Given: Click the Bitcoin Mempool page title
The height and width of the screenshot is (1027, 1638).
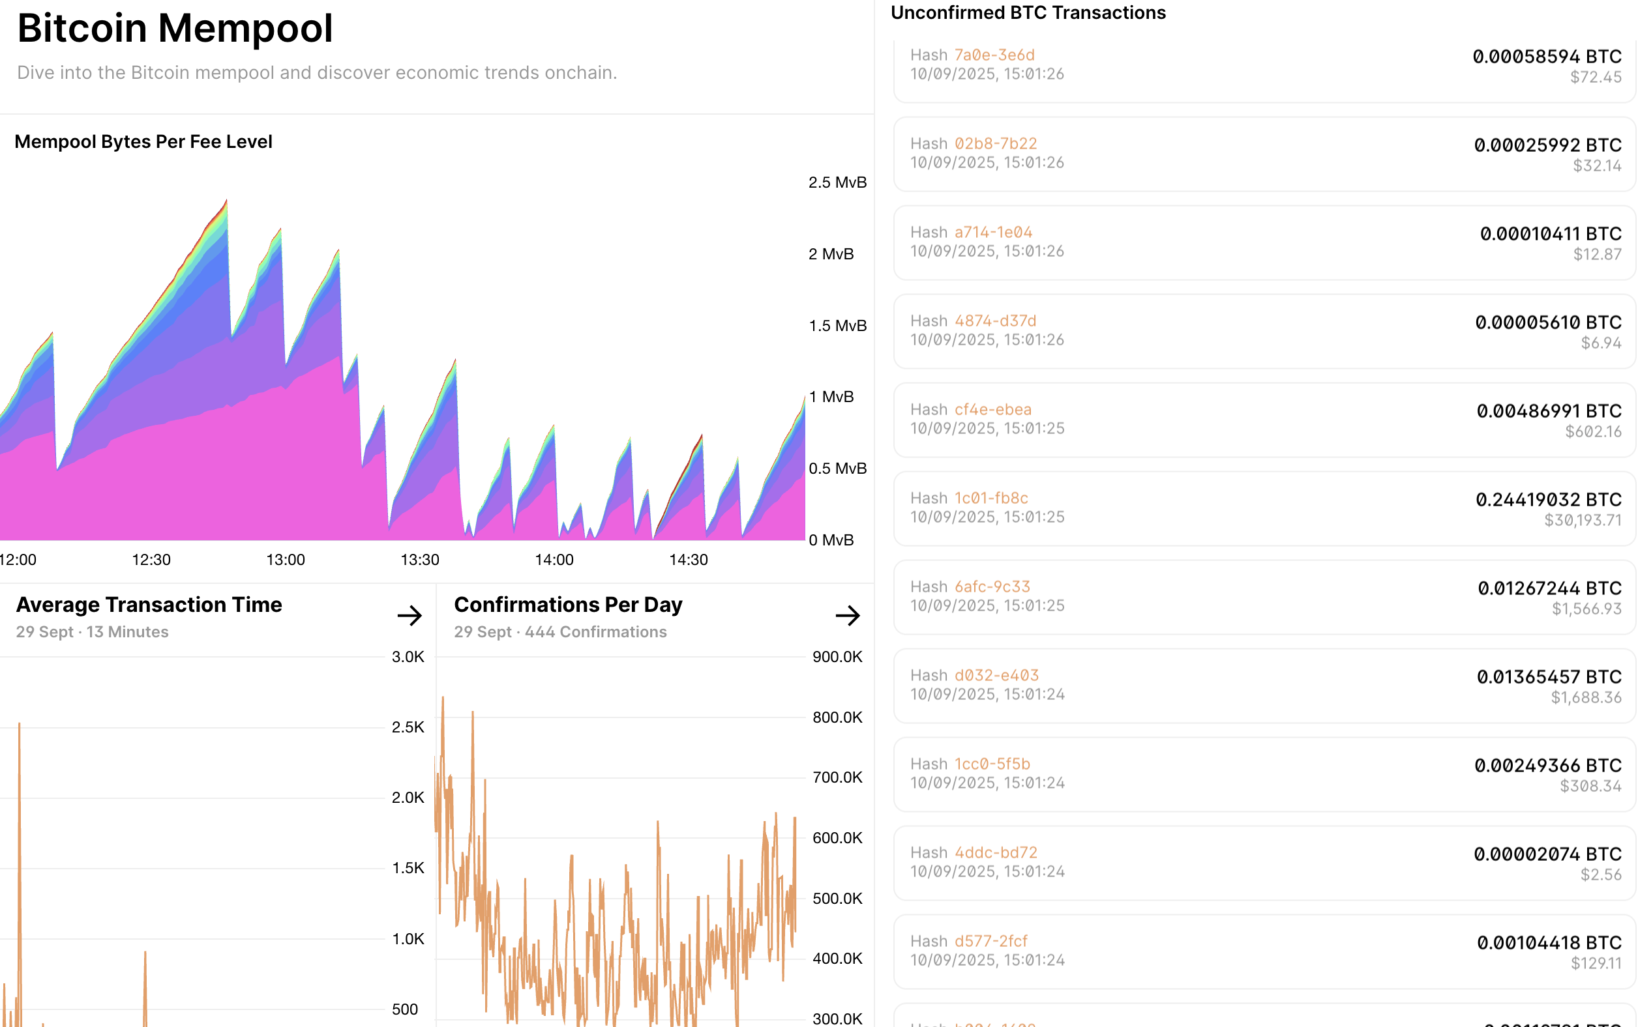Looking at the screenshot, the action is (175, 29).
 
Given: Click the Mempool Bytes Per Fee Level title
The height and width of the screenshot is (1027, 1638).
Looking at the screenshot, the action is (143, 141).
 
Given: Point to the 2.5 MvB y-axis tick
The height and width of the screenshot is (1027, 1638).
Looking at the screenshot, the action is (837, 182).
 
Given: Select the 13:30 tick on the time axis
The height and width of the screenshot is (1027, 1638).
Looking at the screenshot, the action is (419, 560).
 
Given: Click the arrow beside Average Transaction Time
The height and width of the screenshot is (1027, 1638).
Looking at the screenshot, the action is (410, 615).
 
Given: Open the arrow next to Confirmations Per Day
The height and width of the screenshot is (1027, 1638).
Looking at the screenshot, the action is (848, 615).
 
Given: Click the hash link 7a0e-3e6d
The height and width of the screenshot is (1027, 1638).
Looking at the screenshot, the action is (994, 55).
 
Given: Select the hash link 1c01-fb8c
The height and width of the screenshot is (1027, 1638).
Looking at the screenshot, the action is (991, 498).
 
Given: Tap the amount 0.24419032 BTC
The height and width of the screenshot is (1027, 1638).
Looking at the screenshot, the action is (1548, 499).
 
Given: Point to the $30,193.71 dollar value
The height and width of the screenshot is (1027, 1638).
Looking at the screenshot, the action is (1583, 520).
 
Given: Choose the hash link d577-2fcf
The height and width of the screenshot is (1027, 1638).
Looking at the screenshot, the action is (991, 941).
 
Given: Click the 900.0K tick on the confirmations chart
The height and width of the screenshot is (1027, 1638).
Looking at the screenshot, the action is (837, 657).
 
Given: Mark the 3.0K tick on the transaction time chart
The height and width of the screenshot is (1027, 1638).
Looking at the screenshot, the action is (408, 657).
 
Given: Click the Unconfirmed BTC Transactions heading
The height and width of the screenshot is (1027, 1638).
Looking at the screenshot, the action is (1028, 12).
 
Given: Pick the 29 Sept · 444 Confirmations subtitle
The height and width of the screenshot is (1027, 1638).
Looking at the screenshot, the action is (560, 631).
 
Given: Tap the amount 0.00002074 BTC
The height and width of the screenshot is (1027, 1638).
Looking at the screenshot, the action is (1547, 854).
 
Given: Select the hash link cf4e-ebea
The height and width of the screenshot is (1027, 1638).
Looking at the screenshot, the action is (993, 410).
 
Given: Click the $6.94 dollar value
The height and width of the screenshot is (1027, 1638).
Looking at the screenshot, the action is (1601, 343).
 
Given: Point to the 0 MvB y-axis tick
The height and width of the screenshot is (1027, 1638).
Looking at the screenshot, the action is (831, 540).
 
